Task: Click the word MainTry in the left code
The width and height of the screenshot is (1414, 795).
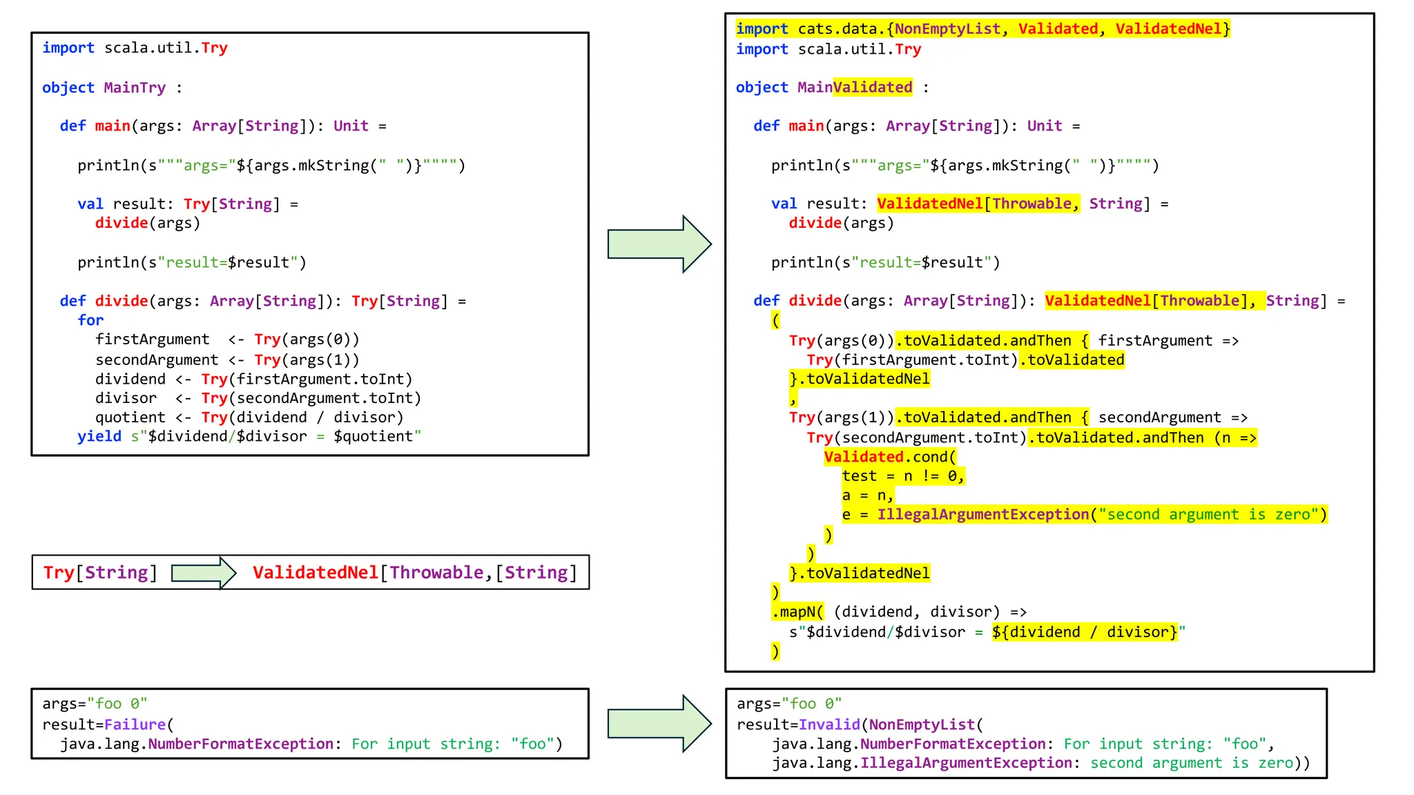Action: (135, 88)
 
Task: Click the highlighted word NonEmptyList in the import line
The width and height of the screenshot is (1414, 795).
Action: (948, 29)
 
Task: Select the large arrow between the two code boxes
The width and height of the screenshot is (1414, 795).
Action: (659, 244)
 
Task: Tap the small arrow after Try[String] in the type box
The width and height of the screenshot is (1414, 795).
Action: (203, 573)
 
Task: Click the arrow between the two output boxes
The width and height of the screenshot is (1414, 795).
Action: (659, 723)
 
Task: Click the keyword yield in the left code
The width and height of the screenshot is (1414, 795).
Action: (99, 436)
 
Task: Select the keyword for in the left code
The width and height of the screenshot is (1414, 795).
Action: (90, 320)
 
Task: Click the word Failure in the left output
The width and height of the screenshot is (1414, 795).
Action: (135, 725)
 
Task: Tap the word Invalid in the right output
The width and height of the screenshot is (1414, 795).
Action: (829, 725)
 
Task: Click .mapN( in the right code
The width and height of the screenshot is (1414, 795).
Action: (798, 612)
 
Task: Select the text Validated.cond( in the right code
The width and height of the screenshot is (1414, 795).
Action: (890, 457)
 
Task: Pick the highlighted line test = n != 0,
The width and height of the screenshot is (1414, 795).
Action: (902, 476)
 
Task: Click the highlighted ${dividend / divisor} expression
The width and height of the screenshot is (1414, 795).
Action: (1085, 632)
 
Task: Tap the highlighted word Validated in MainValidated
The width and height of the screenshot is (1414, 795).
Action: (873, 88)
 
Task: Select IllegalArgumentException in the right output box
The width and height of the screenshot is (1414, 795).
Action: (966, 763)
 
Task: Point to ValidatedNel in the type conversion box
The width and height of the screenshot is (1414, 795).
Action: (316, 573)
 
